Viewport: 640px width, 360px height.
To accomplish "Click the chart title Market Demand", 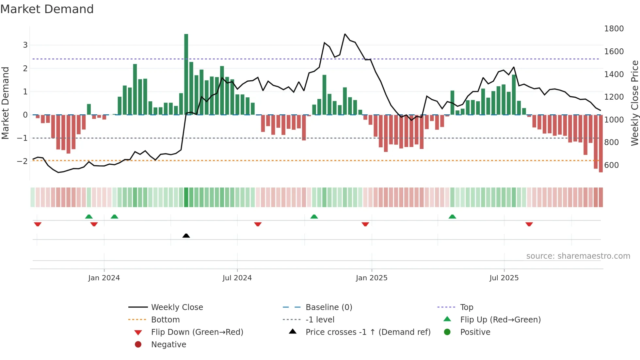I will click(47, 9).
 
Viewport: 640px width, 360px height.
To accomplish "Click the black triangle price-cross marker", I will click(186, 236).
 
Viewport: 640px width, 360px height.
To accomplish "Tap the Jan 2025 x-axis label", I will click(372, 278).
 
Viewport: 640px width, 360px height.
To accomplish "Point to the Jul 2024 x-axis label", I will click(237, 278).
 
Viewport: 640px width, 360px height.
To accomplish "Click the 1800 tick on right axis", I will click(614, 29).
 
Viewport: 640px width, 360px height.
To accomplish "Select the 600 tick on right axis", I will click(611, 165).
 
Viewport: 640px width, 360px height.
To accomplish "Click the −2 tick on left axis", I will click(22, 161).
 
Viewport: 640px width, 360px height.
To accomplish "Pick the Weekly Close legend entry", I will click(177, 307).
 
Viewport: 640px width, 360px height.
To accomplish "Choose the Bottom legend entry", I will click(165, 320).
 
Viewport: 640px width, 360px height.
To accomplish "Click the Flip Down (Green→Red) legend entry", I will click(197, 332).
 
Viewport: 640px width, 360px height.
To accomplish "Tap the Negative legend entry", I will click(168, 345).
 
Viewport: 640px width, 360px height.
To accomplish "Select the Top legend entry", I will click(467, 307).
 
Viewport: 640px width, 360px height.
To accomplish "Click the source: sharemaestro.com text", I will click(578, 256).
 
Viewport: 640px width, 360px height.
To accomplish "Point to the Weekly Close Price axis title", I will click(634, 103).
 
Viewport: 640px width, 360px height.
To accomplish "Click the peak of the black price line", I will click(345, 34).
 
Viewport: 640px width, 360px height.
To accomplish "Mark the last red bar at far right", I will click(601, 144).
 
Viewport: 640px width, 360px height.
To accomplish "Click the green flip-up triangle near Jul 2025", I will click(452, 217).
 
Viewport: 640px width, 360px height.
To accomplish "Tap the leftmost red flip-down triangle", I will click(38, 224).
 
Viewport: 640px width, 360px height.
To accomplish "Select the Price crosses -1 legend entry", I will click(368, 332).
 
